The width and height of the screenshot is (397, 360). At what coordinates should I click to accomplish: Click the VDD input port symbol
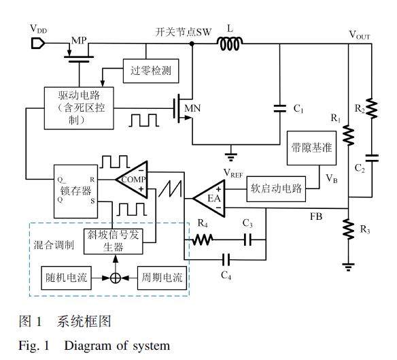tap(38, 43)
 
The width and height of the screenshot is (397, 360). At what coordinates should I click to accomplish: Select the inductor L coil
tap(230, 44)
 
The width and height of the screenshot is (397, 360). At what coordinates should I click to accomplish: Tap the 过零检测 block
tap(151, 71)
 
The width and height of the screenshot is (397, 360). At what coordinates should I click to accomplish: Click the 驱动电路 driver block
tap(79, 108)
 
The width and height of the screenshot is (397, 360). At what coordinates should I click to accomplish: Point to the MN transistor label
tap(192, 108)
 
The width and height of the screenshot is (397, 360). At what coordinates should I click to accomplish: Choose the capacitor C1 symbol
tap(280, 108)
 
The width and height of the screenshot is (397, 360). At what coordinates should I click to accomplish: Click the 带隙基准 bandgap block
tap(311, 148)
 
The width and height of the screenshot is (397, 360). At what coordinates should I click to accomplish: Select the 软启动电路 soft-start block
tap(276, 189)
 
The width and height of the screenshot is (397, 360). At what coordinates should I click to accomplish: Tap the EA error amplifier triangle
tap(209, 199)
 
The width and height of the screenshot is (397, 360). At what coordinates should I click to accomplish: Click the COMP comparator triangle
tap(132, 180)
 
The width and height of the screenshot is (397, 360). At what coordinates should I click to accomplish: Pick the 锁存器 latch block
tap(75, 191)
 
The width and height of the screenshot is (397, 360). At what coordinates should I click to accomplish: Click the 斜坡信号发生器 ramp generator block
tap(113, 242)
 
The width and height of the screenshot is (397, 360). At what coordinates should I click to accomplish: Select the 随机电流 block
tap(67, 278)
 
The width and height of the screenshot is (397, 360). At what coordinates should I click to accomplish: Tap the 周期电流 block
tap(162, 278)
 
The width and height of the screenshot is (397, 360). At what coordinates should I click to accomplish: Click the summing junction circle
tap(116, 278)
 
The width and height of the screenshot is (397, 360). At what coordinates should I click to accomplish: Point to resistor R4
tap(203, 240)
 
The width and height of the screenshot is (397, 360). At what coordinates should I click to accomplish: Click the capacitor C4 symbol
tap(226, 259)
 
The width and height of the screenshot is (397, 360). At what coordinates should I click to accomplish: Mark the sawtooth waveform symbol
tap(170, 189)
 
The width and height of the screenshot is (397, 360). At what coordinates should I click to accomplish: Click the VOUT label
tap(360, 35)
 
